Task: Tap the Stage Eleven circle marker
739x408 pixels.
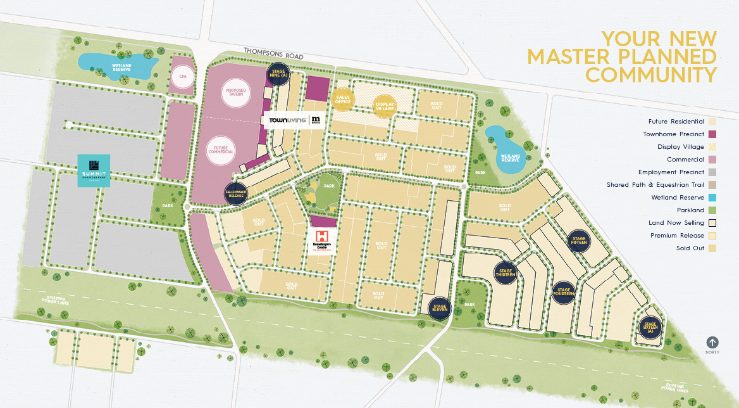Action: (x=440, y=308)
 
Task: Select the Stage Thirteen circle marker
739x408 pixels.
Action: (x=506, y=272)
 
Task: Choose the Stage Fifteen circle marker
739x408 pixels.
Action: (x=579, y=240)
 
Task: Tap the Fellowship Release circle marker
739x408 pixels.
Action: (x=235, y=193)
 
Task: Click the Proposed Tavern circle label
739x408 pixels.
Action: (x=235, y=95)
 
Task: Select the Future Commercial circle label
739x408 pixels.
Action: (x=221, y=151)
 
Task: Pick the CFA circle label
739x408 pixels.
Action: (x=183, y=77)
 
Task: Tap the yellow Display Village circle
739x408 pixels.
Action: (x=385, y=106)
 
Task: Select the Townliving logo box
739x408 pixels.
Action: (x=294, y=120)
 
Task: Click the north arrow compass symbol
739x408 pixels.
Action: (x=712, y=342)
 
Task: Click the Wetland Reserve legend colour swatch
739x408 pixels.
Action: (x=712, y=197)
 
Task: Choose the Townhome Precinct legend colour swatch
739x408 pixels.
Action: (x=712, y=134)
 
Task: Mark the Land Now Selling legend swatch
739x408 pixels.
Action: (x=712, y=222)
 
